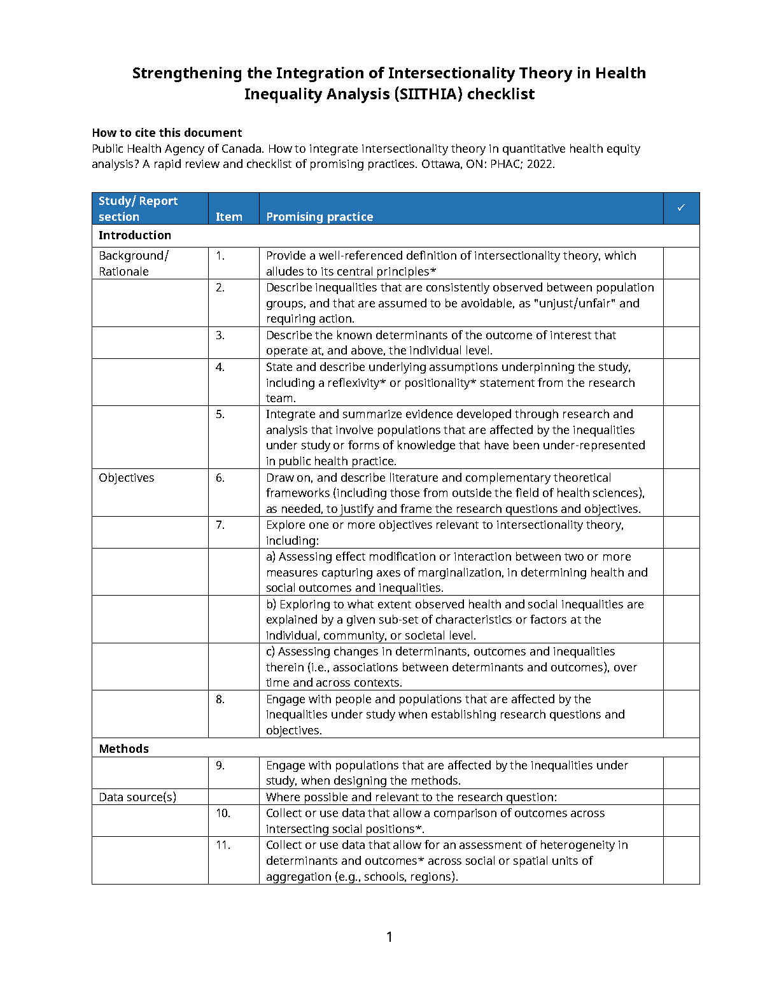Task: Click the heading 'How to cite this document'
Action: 167,132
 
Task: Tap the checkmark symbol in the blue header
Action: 681,207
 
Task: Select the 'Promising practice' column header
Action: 319,216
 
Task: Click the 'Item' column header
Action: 228,216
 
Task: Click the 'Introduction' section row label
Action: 135,235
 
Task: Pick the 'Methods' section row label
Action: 123,748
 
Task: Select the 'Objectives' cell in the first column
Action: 127,477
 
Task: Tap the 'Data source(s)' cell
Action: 137,797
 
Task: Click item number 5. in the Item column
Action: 220,414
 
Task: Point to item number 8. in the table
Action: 220,699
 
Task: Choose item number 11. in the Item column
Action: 223,845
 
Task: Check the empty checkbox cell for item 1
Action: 681,263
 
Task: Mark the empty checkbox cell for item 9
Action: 681,773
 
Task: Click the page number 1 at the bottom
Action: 389,937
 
